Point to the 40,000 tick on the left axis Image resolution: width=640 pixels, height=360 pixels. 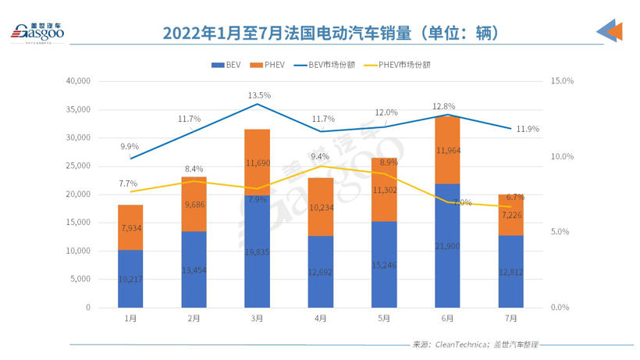(x=79, y=80)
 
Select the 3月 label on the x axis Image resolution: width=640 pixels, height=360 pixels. (x=257, y=319)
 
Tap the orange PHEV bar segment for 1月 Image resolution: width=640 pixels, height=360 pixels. (x=130, y=227)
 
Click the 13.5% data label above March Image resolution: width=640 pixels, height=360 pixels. (x=259, y=95)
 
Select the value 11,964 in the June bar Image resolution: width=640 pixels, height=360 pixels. (x=447, y=150)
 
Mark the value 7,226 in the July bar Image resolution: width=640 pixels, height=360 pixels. (x=511, y=215)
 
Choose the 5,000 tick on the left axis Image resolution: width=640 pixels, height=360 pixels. (x=81, y=279)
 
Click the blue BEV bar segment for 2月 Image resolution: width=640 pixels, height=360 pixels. (x=194, y=269)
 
